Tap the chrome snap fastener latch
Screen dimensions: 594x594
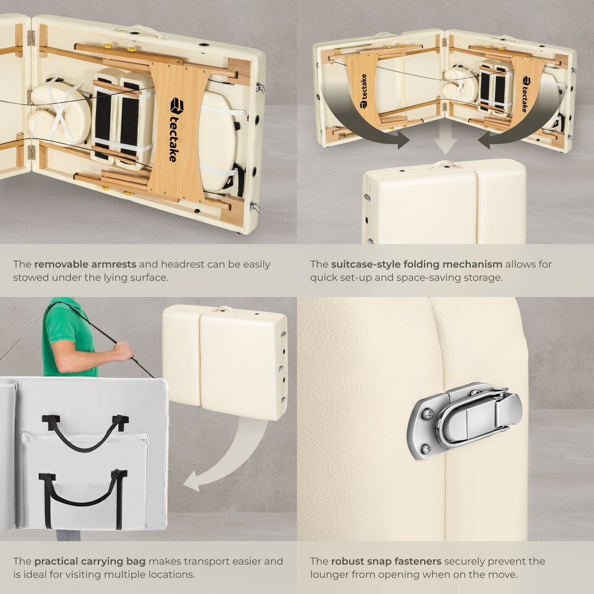tap(464, 421)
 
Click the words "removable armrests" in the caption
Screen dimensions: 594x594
tap(85, 264)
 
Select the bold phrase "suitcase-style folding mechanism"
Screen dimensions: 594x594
tap(416, 264)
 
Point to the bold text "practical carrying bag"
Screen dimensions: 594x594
tap(90, 561)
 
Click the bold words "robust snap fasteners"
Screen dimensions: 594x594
tap(386, 561)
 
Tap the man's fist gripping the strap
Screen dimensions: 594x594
tap(124, 351)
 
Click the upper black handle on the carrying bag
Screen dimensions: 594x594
tap(85, 433)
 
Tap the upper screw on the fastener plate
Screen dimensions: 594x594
tap(428, 414)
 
